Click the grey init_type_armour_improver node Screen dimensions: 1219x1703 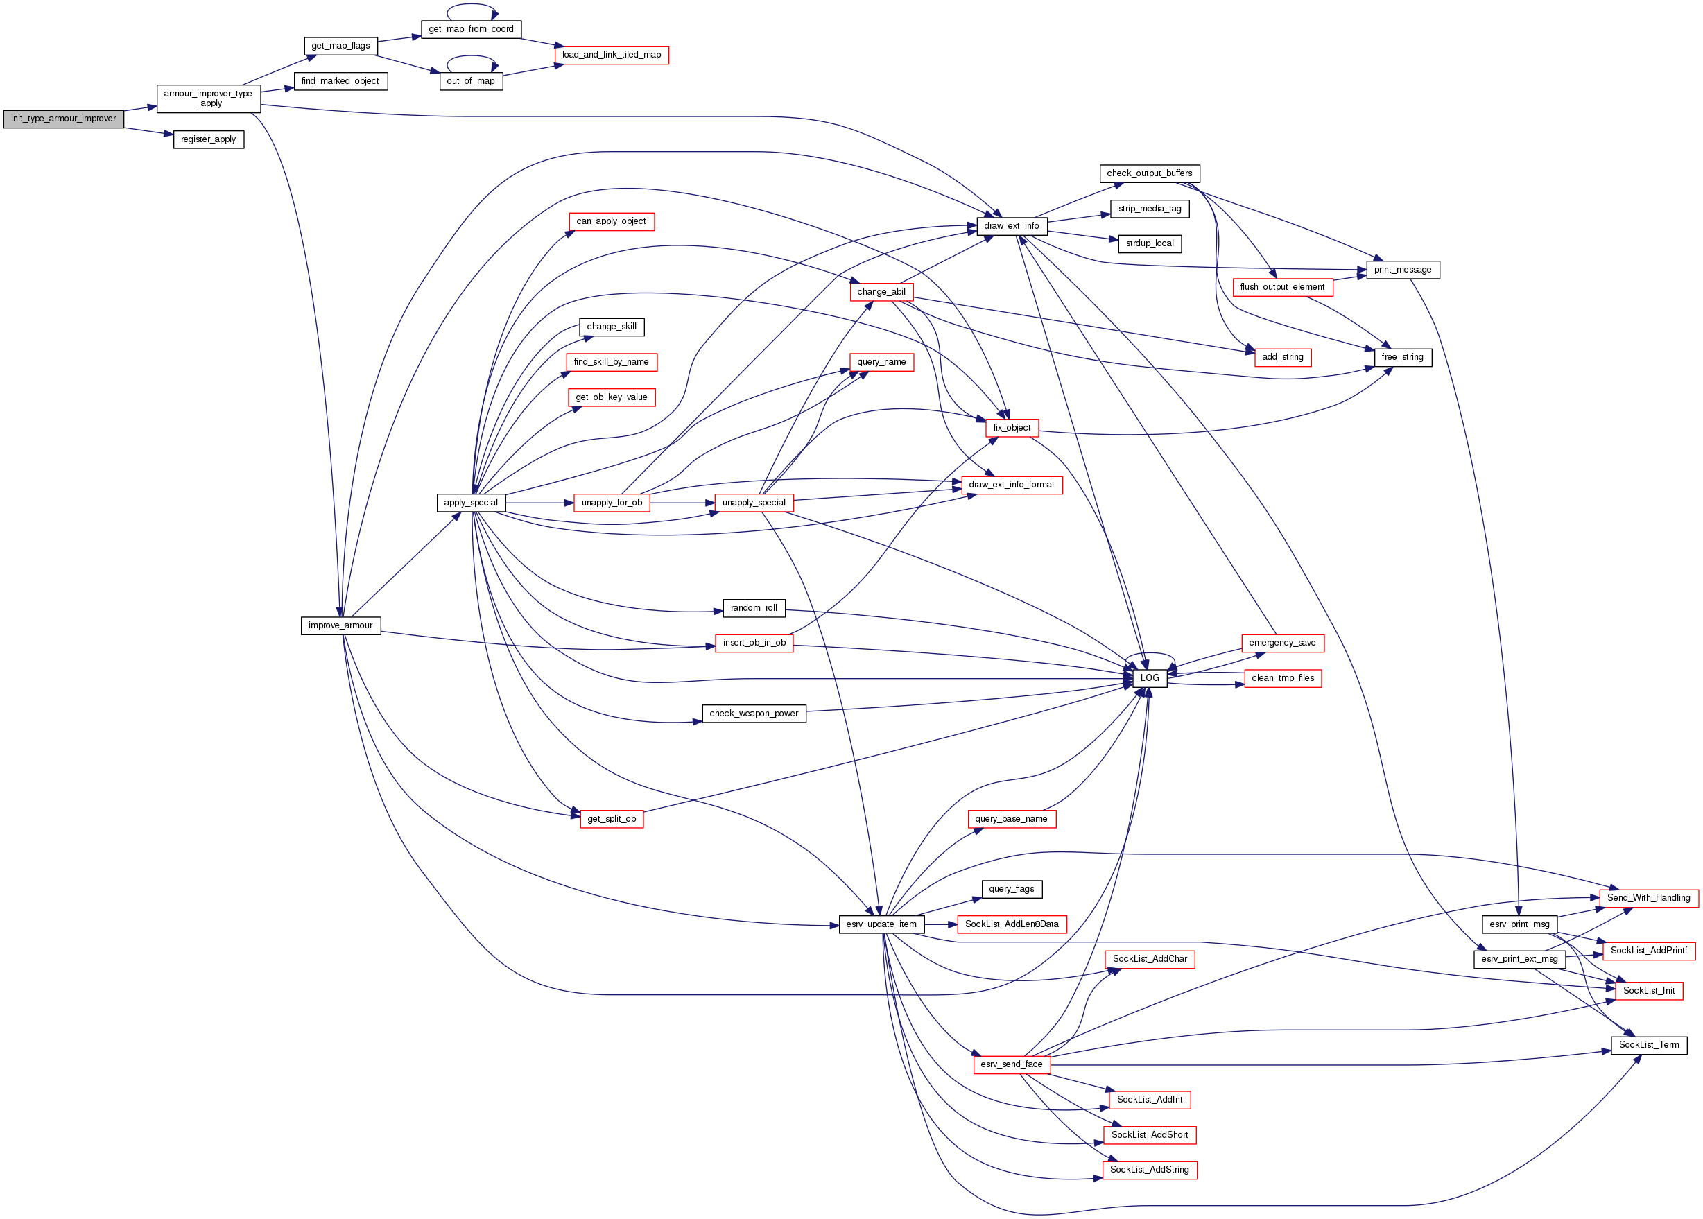click(63, 119)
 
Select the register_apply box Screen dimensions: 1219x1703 click(208, 139)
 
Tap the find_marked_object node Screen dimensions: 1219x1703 click(340, 81)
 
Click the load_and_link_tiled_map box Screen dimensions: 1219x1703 click(611, 55)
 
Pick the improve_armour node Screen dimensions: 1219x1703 click(340, 625)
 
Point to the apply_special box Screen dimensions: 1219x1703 click(471, 503)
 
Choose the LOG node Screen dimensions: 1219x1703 click(1149, 678)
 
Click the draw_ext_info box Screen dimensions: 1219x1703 click(1011, 226)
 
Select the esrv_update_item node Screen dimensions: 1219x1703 click(881, 924)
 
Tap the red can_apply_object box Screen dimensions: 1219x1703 click(611, 221)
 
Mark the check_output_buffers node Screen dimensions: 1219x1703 click(1149, 173)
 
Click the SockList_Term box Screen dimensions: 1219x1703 click(1648, 1045)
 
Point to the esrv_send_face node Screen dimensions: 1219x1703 click(1011, 1064)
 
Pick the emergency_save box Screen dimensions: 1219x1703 click(1282, 643)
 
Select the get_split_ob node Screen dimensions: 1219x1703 click(611, 819)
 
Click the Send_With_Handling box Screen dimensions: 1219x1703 click(1648, 898)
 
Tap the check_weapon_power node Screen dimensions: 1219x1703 click(754, 713)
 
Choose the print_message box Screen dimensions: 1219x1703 click(1402, 270)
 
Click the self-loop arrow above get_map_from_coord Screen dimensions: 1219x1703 click(472, 6)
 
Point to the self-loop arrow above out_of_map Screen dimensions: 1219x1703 click(472, 57)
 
